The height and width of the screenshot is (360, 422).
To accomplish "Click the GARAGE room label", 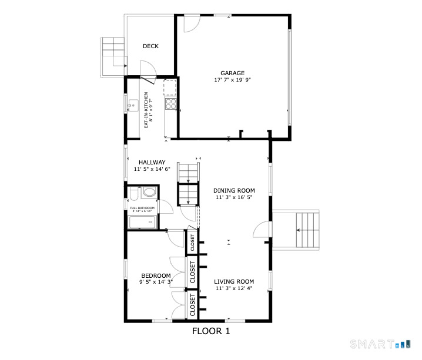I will click(x=233, y=73).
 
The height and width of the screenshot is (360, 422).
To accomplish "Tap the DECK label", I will click(x=150, y=46).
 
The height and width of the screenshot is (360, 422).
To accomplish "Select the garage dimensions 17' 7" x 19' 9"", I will click(x=233, y=80).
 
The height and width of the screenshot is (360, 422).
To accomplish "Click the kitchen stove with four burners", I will click(x=171, y=104).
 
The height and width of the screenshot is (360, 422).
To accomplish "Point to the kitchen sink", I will click(x=133, y=106).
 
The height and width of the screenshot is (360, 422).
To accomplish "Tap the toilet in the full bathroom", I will click(x=133, y=193).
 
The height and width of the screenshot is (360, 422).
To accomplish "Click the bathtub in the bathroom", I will click(x=142, y=223).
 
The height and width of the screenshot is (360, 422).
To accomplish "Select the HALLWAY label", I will click(x=152, y=163).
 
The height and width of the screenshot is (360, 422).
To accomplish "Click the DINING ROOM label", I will click(x=234, y=190).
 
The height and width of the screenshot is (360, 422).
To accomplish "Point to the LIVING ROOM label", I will click(x=234, y=281).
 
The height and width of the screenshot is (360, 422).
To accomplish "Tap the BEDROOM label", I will click(x=156, y=275).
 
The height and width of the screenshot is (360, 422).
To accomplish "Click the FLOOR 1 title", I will click(x=211, y=331).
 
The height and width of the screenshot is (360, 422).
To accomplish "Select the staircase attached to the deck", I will click(x=113, y=52).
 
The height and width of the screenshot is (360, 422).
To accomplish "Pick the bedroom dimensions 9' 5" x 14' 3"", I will click(x=156, y=282).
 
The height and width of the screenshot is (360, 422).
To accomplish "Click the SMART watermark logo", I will click(x=379, y=344).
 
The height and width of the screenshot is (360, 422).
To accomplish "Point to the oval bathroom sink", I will click(x=149, y=192).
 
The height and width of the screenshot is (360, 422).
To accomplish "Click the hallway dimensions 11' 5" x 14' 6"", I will click(x=152, y=169).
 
